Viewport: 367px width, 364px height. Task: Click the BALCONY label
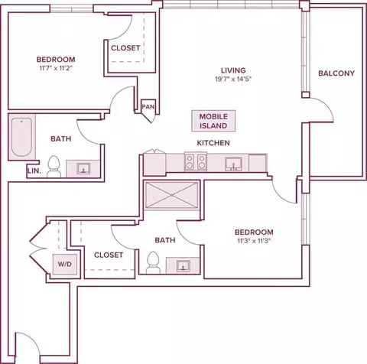pyautogui.click(x=336, y=73)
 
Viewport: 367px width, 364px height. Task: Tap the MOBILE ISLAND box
pyautogui.click(x=213, y=121)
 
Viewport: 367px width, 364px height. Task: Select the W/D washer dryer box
pyautogui.click(x=65, y=264)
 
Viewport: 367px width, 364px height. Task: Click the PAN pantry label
pyautogui.click(x=148, y=106)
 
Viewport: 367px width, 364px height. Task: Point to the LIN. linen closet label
pyautogui.click(x=34, y=171)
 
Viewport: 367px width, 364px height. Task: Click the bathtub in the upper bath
pyautogui.click(x=21, y=137)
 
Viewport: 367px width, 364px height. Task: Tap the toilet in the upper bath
pyautogui.click(x=54, y=167)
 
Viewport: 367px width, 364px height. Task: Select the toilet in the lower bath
pyautogui.click(x=153, y=263)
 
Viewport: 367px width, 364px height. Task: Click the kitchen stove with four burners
pyautogui.click(x=196, y=162)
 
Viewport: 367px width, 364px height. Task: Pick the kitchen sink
pyautogui.click(x=233, y=164)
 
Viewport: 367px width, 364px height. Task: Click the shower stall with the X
pyautogui.click(x=171, y=195)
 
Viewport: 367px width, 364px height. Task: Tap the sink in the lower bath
pyautogui.click(x=183, y=265)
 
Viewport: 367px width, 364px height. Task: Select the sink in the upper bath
pyautogui.click(x=83, y=168)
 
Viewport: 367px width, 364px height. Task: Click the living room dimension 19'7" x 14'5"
pyautogui.click(x=233, y=79)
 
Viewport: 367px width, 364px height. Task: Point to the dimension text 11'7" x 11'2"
pyautogui.click(x=56, y=68)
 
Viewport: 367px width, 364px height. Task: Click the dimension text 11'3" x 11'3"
pyautogui.click(x=254, y=241)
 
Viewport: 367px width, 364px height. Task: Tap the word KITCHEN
pyautogui.click(x=213, y=143)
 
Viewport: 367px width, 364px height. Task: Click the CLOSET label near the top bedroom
pyautogui.click(x=125, y=48)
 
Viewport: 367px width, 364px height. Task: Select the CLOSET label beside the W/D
pyautogui.click(x=109, y=255)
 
